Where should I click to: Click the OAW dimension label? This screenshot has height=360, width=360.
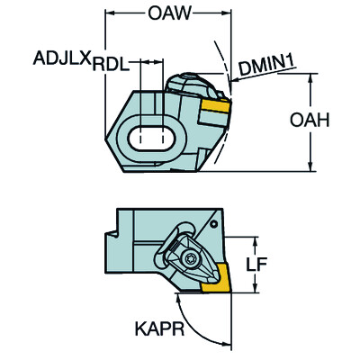click(169, 13)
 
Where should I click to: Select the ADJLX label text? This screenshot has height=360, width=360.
click(62, 58)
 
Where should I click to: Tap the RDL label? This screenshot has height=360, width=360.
click(111, 64)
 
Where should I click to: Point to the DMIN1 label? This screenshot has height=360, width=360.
click(267, 67)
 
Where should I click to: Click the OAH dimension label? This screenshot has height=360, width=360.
click(310, 120)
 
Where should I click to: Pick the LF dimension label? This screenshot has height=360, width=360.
click(256, 264)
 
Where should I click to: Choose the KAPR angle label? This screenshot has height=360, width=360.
click(159, 329)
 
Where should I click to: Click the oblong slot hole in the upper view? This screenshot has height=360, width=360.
click(151, 139)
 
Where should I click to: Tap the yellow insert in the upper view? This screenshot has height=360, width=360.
click(216, 106)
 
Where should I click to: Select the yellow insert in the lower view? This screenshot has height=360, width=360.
click(217, 278)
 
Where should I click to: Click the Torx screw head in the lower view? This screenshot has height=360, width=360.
click(190, 258)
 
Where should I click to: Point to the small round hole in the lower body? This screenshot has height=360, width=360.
click(213, 224)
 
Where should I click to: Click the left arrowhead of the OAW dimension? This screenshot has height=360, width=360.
click(111, 13)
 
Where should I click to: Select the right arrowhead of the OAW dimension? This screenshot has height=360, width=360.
click(226, 13)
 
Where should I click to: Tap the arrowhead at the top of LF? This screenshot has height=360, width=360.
click(256, 242)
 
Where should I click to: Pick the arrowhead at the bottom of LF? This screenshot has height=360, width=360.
click(256, 287)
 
